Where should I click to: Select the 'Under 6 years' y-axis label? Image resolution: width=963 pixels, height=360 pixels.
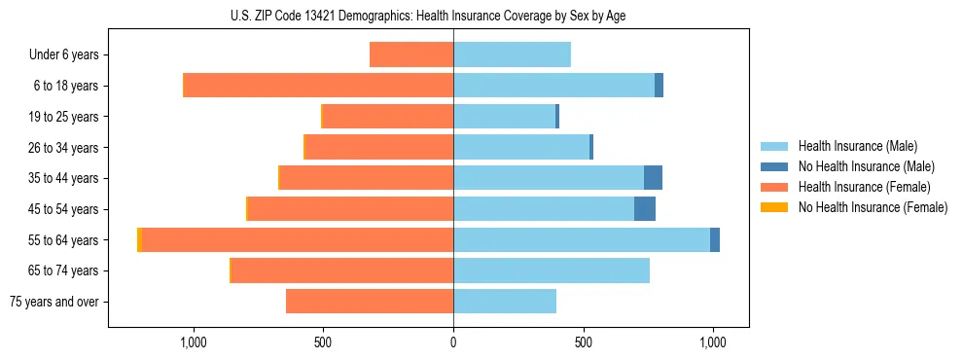click(64, 54)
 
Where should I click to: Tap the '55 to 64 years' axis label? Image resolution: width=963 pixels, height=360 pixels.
click(62, 240)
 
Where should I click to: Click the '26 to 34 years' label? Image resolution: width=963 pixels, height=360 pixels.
click(62, 148)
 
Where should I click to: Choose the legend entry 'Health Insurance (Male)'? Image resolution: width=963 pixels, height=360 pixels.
click(857, 146)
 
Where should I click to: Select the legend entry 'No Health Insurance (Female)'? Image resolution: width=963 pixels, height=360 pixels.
click(873, 207)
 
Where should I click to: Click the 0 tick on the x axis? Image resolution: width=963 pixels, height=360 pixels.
click(453, 342)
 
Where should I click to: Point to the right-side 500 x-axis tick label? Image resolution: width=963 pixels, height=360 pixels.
click(583, 342)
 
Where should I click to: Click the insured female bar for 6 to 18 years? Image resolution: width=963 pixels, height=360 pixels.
click(318, 86)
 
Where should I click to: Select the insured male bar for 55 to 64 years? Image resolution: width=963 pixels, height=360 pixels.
click(582, 240)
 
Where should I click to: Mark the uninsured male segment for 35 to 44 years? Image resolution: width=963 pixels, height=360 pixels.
click(653, 178)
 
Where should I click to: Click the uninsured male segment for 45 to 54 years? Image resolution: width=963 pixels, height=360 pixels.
click(645, 209)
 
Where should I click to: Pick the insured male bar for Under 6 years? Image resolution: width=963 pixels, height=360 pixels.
click(512, 54)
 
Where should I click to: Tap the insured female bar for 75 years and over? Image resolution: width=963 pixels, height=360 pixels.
click(370, 302)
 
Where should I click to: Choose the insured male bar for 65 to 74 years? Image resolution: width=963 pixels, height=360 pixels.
click(552, 270)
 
